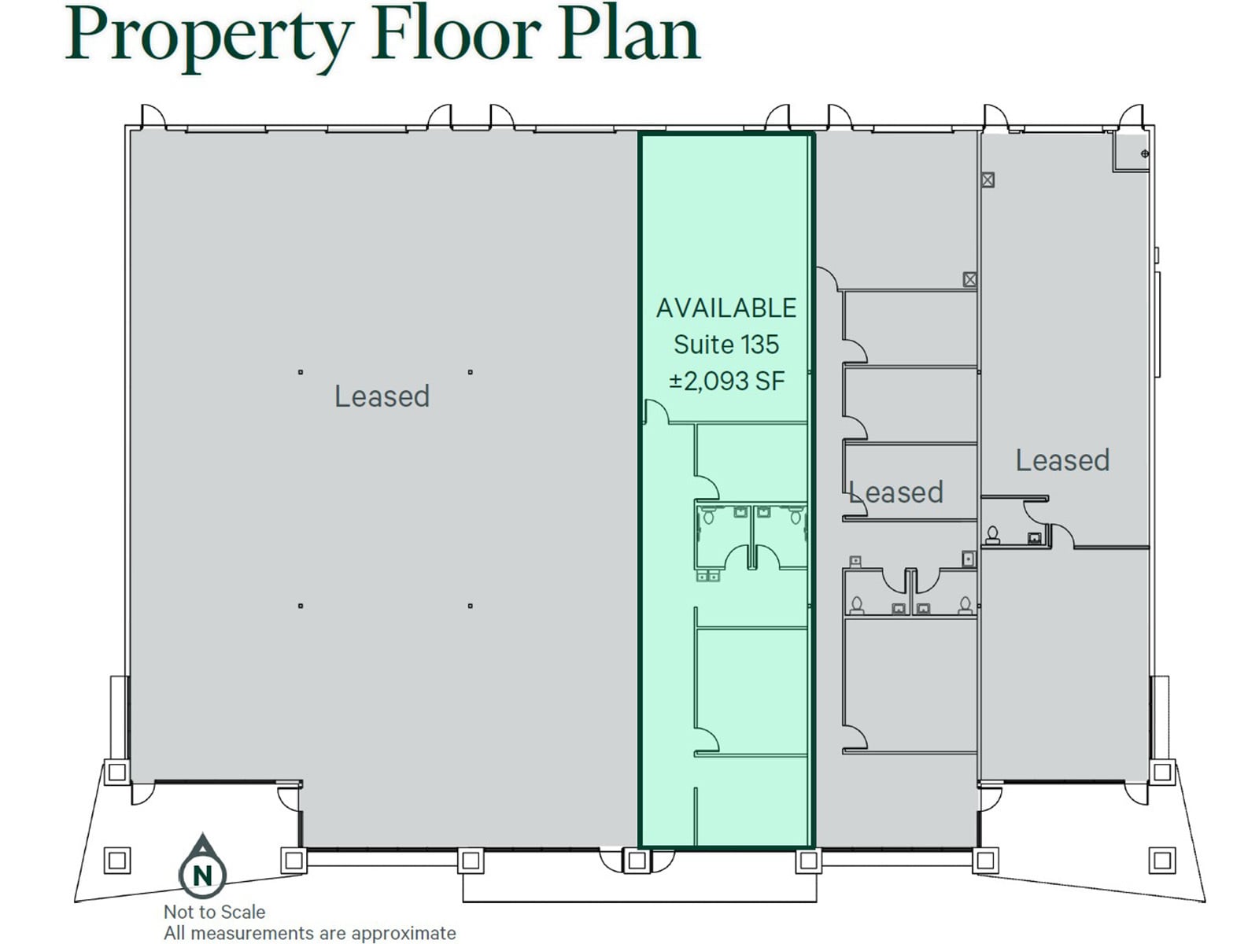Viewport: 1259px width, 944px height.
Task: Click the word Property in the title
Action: coord(209,35)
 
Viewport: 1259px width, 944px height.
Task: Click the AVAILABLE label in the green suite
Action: coord(725,308)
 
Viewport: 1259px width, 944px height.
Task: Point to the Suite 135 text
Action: coord(725,345)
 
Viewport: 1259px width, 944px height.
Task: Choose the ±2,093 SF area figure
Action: coord(726,381)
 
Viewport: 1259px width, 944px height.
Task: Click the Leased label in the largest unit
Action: coord(382,396)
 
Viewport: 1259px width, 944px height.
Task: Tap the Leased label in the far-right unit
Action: coord(1062,460)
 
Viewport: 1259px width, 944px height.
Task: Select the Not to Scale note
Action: coord(214,912)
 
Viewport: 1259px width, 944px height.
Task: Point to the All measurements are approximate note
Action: coord(309,933)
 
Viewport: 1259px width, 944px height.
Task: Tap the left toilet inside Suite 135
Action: coord(708,515)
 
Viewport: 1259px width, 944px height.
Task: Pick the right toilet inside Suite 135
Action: coord(796,515)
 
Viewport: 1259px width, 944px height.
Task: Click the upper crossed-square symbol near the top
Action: coord(988,179)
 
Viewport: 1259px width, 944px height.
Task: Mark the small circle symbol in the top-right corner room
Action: coord(1144,154)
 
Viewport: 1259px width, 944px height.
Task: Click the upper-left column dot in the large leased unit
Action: coord(301,372)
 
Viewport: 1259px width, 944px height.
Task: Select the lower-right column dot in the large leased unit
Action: coord(471,606)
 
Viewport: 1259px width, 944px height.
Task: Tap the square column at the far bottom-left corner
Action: coord(117,860)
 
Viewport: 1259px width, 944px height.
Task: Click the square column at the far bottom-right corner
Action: coord(1161,860)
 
